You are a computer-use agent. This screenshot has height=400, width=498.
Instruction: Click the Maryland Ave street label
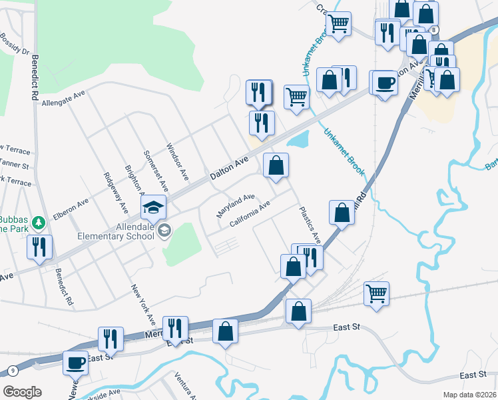pyautogui.click(x=236, y=205)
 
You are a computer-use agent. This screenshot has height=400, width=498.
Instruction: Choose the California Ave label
pyautogui.click(x=249, y=214)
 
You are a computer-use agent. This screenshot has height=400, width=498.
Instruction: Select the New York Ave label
pyautogui.click(x=142, y=301)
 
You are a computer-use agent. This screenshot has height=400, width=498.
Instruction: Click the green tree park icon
pyautogui.click(x=39, y=221)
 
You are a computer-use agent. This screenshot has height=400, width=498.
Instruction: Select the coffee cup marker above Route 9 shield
pyautogui.click(x=76, y=363)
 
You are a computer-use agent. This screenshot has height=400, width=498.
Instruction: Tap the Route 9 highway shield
pyautogui.click(x=13, y=371)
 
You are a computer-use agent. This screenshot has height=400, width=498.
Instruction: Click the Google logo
pyautogui.click(x=22, y=392)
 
